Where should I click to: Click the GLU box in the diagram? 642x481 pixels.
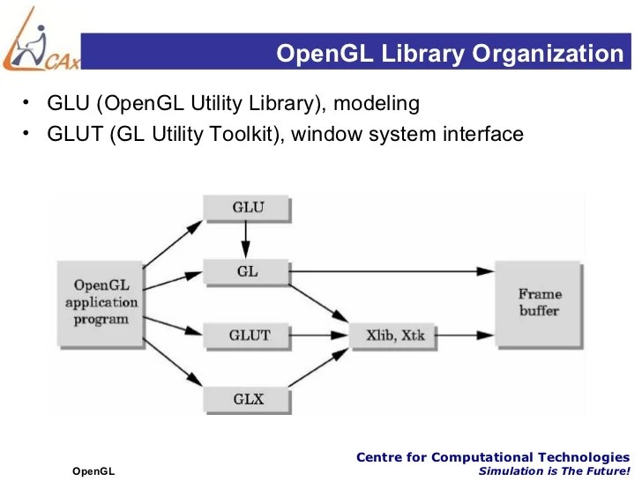coord(247,208)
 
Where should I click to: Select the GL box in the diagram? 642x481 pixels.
coord(247,270)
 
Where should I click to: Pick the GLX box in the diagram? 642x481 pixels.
coord(247,399)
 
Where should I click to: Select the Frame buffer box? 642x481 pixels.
coord(538,302)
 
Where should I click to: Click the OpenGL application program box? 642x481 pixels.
coord(100,302)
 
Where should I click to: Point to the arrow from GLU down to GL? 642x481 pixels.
coord(247,239)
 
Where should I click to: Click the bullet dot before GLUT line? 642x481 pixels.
coord(26,133)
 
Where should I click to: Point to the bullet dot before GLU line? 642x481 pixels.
coord(26,103)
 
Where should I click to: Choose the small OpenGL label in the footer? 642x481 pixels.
coord(93,472)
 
